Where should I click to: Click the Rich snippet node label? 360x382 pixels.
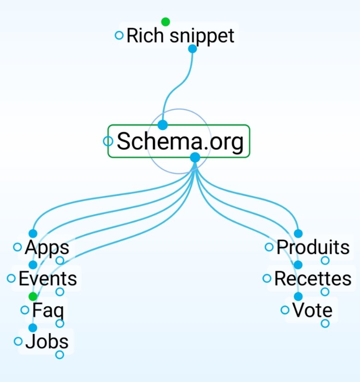point(180,35)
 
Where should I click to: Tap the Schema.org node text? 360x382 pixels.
point(180,141)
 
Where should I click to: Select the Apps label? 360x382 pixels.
point(47,247)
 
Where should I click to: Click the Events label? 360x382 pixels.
point(47,279)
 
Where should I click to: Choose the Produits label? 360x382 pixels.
point(313,247)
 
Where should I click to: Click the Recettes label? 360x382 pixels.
point(313,279)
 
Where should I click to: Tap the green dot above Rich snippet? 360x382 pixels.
point(165,22)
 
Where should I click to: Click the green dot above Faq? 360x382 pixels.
point(33,296)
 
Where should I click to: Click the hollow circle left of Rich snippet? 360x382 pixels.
point(119,35)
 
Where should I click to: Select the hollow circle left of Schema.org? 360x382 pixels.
point(107,141)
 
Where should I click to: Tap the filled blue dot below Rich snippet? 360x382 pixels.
point(193,48)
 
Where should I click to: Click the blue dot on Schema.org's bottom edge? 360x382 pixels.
point(195,158)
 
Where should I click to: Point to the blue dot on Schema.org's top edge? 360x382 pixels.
point(162,125)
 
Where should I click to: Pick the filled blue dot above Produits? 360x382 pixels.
point(298,234)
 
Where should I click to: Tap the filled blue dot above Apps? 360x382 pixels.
point(33,234)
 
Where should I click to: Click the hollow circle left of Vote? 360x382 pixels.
point(285,310)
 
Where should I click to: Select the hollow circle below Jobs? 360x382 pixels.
point(59,354)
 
